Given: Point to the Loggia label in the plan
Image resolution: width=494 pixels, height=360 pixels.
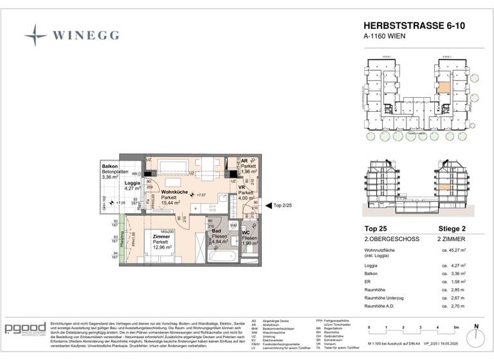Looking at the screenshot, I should (133, 183).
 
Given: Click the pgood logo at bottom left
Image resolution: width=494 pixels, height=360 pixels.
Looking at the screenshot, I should (24, 329).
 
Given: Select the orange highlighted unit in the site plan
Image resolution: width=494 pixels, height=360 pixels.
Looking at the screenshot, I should (444, 89).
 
